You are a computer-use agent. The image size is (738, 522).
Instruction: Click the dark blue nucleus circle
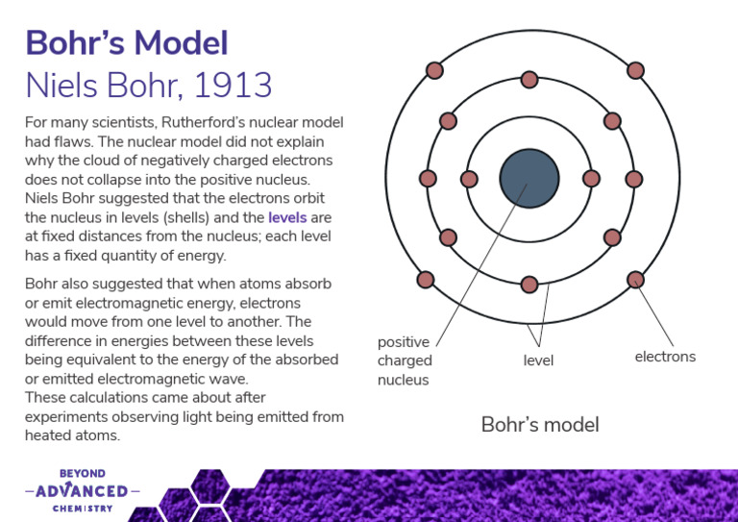(529, 179)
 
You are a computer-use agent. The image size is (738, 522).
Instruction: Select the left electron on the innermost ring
(469, 179)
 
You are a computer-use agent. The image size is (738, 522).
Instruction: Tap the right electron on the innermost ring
(591, 179)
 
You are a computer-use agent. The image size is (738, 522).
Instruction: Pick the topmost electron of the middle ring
(529, 80)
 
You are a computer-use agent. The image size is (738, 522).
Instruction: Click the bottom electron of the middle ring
(529, 285)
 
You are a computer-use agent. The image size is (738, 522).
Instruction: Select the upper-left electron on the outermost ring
(434, 70)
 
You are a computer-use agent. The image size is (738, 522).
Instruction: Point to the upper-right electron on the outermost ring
(635, 70)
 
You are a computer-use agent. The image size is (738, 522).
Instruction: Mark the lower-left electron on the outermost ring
(426, 280)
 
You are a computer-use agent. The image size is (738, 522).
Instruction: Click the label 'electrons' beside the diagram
(665, 357)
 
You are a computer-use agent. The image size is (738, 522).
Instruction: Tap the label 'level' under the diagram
(538, 360)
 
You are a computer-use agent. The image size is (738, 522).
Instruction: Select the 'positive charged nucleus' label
(405, 360)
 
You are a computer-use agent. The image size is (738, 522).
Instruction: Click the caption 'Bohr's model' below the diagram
(539, 424)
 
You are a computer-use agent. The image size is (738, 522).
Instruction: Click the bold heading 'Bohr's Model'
(126, 43)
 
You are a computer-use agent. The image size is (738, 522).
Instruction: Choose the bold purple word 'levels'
(287, 218)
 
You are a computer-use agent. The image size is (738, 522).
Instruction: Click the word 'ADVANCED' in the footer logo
(82, 491)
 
